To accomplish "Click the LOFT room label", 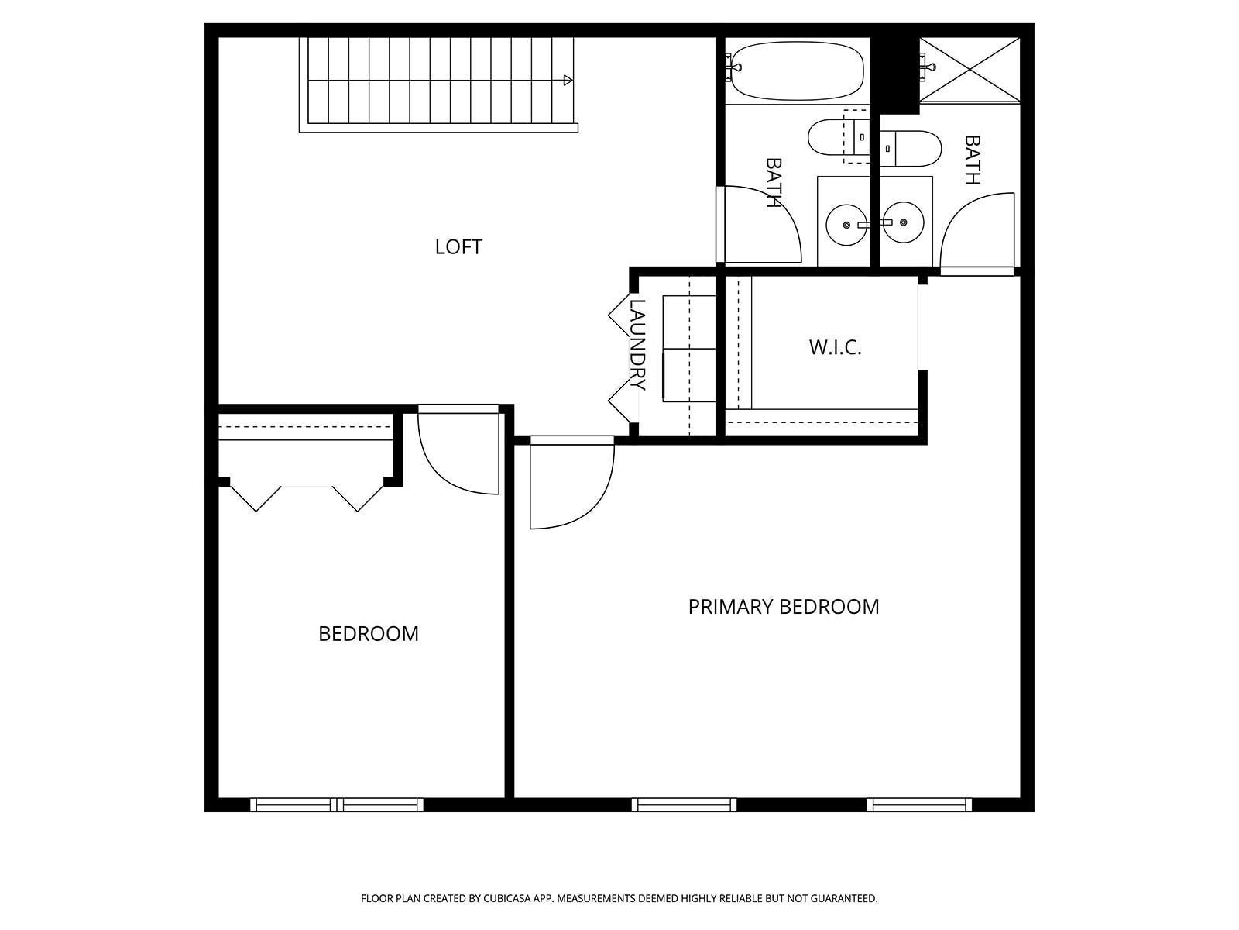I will pos(458,247).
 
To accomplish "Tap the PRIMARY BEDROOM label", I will pos(784,607).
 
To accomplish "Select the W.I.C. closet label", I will pos(835,347).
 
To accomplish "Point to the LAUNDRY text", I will pos(637,345).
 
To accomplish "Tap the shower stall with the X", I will pos(970,70).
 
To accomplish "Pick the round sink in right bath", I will pos(903,222).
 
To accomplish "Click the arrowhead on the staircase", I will pos(568,81).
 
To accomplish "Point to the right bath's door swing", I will pos(977,231).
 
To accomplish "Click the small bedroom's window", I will pos(337,805).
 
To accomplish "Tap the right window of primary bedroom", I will pos(919,805).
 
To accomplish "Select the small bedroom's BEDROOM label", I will pos(369,634).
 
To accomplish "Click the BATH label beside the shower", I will pos(973,160).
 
